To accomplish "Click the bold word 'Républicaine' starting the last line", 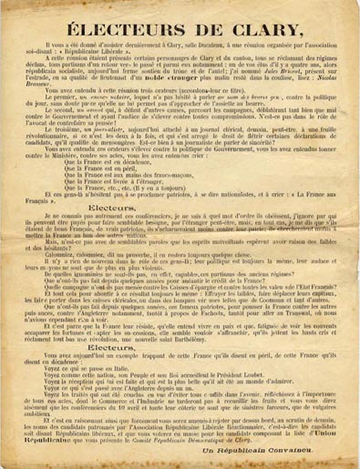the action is pyautogui.click(x=36, y=439).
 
